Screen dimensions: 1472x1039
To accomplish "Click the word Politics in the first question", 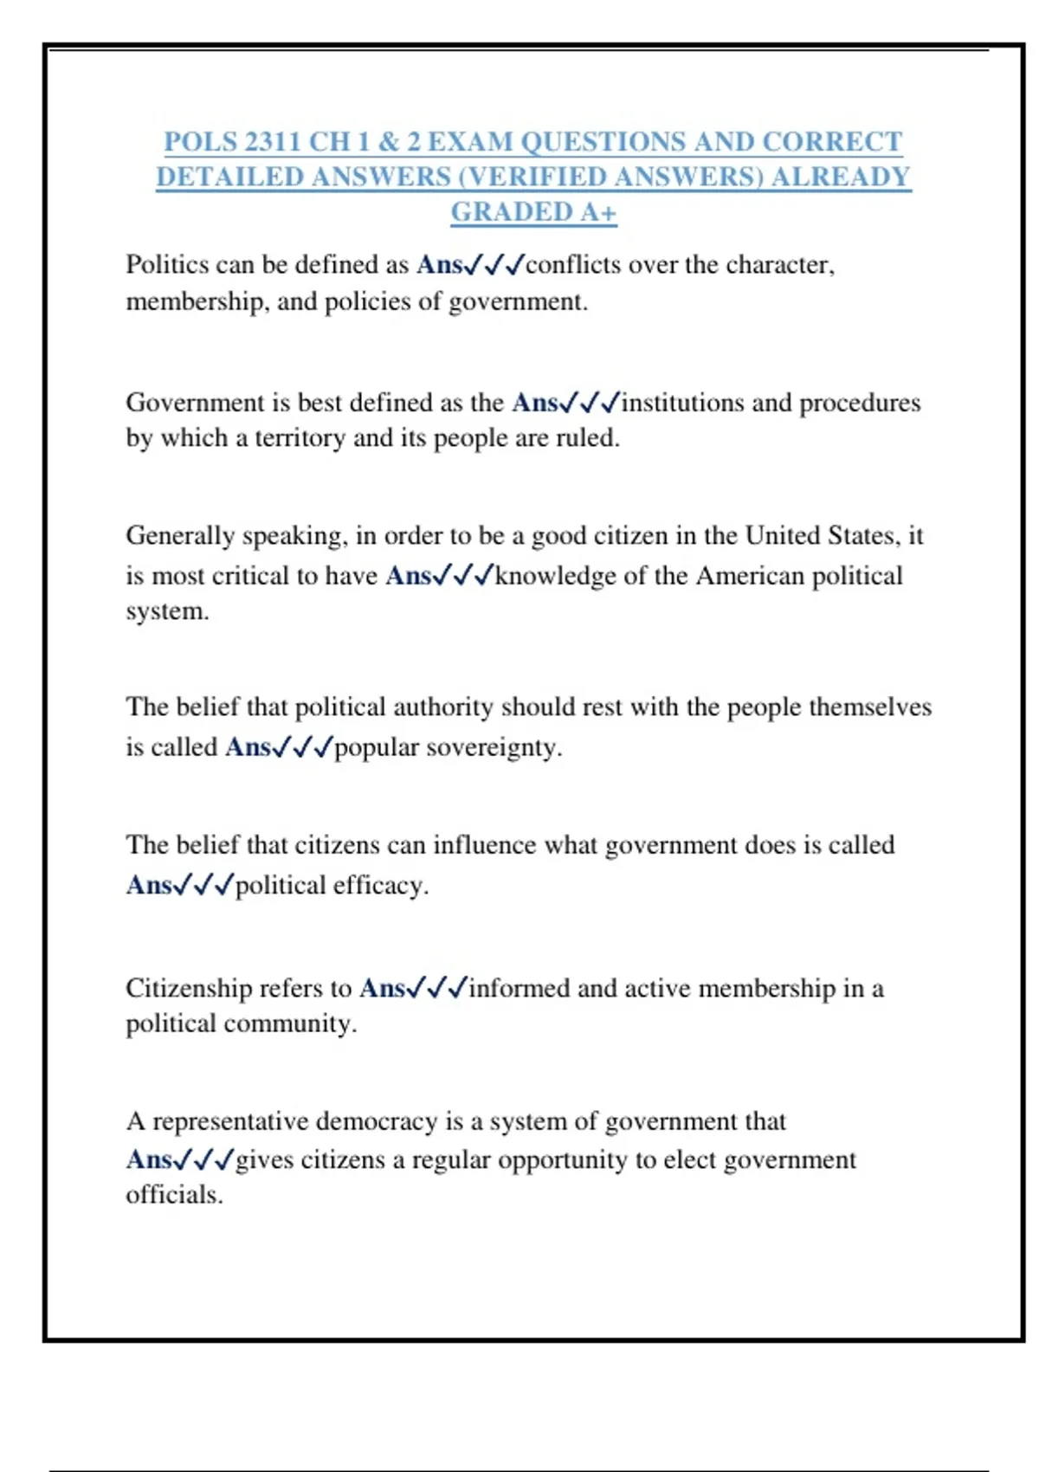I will click(x=168, y=264).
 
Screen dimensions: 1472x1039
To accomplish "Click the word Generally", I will click(x=180, y=536).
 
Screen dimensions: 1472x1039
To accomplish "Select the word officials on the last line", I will click(x=174, y=1195).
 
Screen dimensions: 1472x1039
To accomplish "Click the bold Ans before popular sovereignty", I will click(x=248, y=747).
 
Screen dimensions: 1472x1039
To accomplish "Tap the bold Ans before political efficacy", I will click(x=149, y=885).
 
